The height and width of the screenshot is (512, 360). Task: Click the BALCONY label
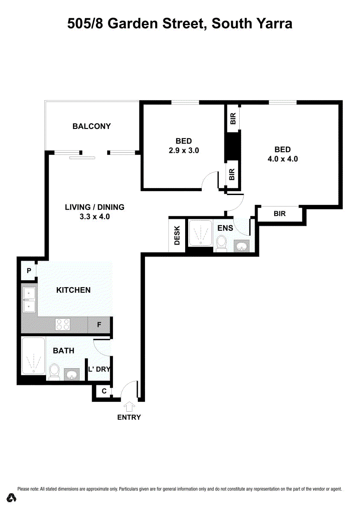pos(91,126)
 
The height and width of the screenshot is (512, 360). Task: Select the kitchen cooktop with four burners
pos(63,324)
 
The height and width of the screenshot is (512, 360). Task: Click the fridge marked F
pos(99,325)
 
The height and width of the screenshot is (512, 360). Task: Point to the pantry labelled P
pos(29,271)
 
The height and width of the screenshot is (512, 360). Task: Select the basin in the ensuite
pos(241,246)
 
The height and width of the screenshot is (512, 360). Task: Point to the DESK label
pos(177,236)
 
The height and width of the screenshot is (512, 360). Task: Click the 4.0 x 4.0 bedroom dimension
pos(282,159)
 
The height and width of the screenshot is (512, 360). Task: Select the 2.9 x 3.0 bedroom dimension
pos(184,150)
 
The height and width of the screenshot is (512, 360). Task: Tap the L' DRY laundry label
pos(99,369)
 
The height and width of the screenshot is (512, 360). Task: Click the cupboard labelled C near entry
pos(104,391)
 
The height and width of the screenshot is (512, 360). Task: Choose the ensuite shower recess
pos(200,233)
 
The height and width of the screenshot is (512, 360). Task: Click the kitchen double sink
pos(29,300)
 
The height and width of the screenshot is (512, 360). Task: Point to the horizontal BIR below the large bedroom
pos(279,214)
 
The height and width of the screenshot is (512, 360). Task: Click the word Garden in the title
pos(133,23)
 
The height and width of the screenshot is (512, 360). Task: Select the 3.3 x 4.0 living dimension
pos(95,216)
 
